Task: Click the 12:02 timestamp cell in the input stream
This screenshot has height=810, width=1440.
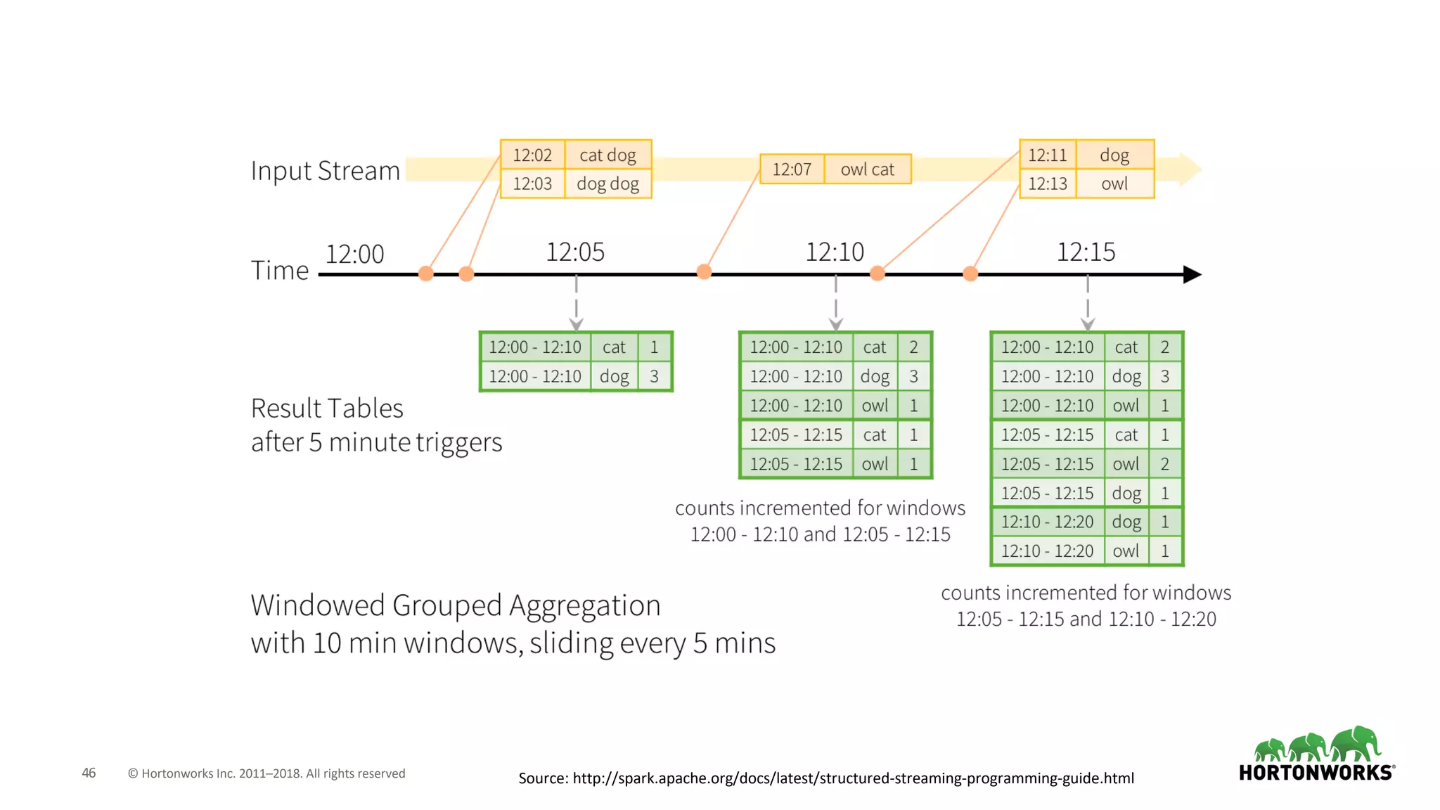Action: [532, 155]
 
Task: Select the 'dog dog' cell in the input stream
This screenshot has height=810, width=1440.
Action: [607, 184]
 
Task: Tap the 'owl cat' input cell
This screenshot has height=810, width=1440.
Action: [867, 169]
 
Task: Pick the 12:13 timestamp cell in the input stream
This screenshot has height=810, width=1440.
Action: [1048, 184]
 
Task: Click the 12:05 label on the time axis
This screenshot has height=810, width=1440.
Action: [575, 252]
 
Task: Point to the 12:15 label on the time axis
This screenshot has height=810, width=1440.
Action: [1086, 252]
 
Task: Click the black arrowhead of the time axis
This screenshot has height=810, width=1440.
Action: [1192, 274]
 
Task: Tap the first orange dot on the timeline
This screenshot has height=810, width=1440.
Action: [426, 274]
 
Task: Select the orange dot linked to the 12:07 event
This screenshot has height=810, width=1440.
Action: [704, 272]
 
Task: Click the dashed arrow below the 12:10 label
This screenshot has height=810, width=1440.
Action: [835, 303]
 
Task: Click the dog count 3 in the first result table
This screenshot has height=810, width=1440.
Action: [654, 376]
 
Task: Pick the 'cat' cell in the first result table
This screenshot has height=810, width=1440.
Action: [613, 347]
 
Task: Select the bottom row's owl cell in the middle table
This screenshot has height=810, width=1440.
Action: [875, 464]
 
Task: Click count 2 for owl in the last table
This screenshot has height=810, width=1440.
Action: [1164, 464]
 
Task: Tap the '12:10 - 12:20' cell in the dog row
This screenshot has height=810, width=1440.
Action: [1047, 522]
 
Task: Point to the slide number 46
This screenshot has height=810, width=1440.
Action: [89, 773]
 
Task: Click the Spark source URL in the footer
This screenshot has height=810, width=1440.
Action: [853, 778]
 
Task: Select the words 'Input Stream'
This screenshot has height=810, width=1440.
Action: [326, 171]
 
